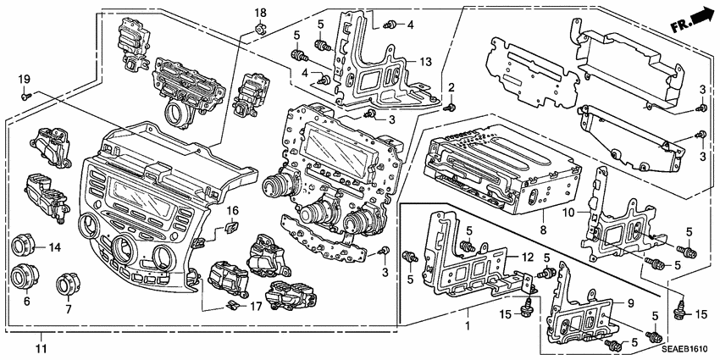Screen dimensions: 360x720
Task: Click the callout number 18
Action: click(261, 14)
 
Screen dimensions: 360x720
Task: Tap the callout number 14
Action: click(56, 247)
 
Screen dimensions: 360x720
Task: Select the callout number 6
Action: click(25, 301)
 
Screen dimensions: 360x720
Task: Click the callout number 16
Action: click(232, 211)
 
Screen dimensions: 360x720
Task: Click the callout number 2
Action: click(451, 87)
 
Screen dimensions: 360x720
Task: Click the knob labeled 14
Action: click(23, 247)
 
